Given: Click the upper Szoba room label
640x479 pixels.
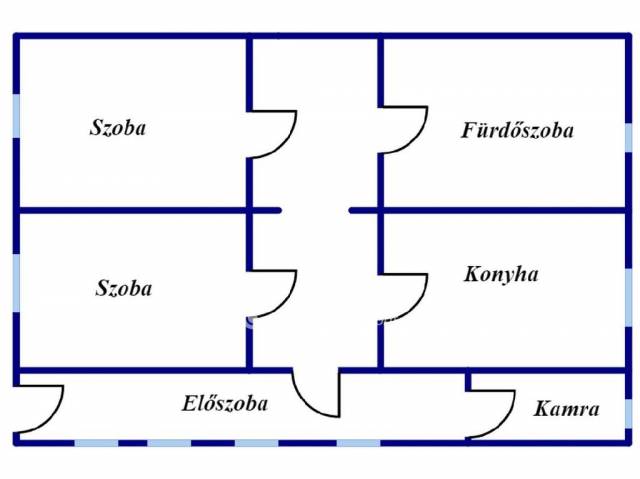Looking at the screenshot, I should (x=118, y=128).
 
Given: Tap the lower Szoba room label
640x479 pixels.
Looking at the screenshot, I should (x=124, y=289).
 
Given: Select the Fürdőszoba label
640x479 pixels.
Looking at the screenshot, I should (x=517, y=130).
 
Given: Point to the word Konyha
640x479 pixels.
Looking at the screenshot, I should (x=501, y=274).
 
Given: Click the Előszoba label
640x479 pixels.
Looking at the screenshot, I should (x=224, y=404).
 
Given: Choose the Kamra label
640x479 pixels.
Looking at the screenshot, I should (x=566, y=409).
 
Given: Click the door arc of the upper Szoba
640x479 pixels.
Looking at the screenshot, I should (x=276, y=134).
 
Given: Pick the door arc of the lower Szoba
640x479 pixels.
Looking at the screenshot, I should (x=276, y=294).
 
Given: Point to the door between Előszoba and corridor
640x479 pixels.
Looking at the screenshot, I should (x=316, y=396).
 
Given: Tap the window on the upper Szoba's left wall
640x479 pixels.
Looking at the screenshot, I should (x=16, y=115).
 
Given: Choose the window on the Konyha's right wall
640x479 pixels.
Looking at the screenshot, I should (x=628, y=296).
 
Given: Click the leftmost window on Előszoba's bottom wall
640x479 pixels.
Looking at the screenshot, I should (x=96, y=442).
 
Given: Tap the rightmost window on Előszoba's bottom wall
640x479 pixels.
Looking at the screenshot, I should (x=358, y=442).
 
